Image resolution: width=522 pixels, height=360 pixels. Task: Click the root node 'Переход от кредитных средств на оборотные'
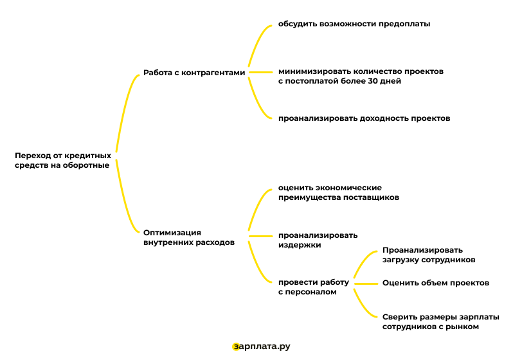pyautogui.click(x=62, y=160)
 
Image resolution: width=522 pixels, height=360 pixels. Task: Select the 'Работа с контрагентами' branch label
pyautogui.click(x=194, y=73)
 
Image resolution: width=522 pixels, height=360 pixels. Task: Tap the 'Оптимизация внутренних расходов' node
pyautogui.click(x=188, y=238)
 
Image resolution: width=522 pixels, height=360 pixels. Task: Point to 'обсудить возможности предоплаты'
pyautogui.click(x=354, y=24)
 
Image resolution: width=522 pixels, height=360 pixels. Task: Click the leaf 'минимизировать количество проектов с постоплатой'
pyautogui.click(x=361, y=76)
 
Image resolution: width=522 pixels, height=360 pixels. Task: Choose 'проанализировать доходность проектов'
pyautogui.click(x=364, y=118)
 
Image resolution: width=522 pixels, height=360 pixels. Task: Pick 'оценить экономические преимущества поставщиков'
pyautogui.click(x=338, y=192)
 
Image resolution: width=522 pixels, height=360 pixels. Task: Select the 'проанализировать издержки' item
pyautogui.click(x=318, y=240)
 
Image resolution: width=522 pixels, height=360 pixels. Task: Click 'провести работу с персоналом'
pyautogui.click(x=313, y=287)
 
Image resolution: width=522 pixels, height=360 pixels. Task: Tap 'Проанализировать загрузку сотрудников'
pyautogui.click(x=429, y=255)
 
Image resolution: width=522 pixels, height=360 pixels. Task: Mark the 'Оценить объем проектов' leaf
pyautogui.click(x=436, y=282)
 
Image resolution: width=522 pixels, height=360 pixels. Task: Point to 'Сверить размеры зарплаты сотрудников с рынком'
pyautogui.click(x=440, y=321)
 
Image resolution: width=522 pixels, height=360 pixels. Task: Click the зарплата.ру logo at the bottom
pyautogui.click(x=262, y=346)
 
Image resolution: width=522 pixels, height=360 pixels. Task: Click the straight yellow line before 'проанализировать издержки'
pyautogui.click(x=261, y=236)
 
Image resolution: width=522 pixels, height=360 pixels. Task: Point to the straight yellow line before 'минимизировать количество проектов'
pyautogui.click(x=261, y=72)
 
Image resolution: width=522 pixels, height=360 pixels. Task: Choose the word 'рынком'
pyautogui.click(x=465, y=327)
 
